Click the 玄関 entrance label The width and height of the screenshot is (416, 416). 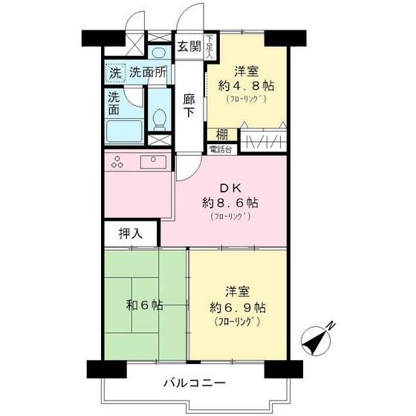[x=188, y=47]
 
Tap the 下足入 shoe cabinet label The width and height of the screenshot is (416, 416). [x=209, y=46]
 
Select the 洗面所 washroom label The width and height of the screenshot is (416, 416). [x=148, y=73]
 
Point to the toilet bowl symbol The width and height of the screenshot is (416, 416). [x=158, y=119]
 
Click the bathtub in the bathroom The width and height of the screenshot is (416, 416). [x=125, y=132]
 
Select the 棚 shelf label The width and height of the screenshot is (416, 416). [x=222, y=134]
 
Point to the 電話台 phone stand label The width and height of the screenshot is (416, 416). [x=221, y=149]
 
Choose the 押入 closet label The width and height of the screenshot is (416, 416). [x=130, y=233]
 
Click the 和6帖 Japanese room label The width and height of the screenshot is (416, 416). [x=145, y=305]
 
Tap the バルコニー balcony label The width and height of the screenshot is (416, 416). [x=195, y=384]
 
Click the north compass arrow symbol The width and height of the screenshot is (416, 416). [x=317, y=339]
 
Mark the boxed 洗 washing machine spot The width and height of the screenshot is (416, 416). [x=114, y=73]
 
